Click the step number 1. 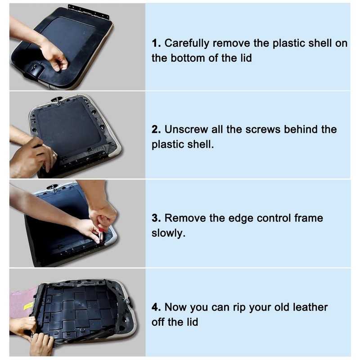(156, 43)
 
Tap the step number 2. (156, 130)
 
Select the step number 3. (156, 218)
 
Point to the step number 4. (156, 307)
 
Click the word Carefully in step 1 (187, 44)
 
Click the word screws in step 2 (263, 130)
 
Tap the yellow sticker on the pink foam (29, 306)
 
